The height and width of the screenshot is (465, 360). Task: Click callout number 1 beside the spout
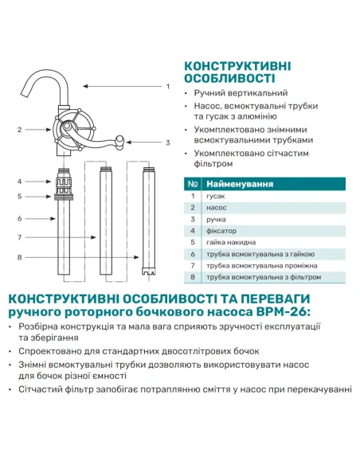pyautogui.click(x=168, y=85)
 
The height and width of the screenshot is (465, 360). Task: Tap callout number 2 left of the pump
pyautogui.click(x=18, y=129)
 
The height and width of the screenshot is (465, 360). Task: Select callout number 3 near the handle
pyautogui.click(x=168, y=143)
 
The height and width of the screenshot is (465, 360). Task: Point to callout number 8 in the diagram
pyautogui.click(x=18, y=257)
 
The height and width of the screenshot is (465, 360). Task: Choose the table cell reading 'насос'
pyautogui.click(x=217, y=207)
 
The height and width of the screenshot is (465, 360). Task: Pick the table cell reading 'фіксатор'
pyautogui.click(x=223, y=230)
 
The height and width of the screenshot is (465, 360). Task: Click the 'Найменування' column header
pyautogui.click(x=238, y=184)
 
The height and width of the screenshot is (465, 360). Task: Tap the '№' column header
pyautogui.click(x=192, y=184)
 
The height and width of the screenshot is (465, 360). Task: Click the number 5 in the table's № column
pyautogui.click(x=192, y=242)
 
